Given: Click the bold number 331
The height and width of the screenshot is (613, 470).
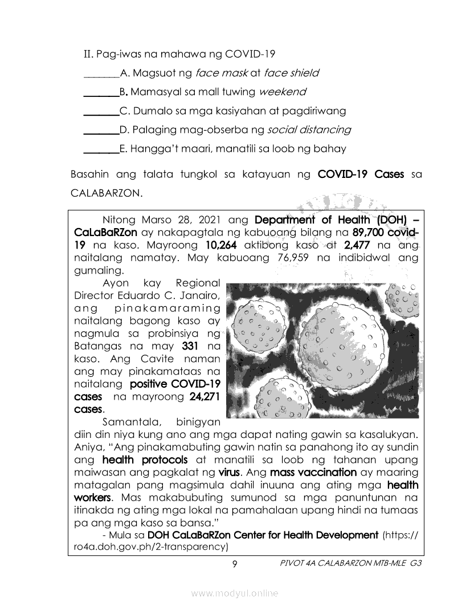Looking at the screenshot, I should [190, 346].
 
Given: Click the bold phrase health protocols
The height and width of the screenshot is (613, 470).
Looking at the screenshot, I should [145, 460].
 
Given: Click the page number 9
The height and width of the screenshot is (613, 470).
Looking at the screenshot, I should [234, 564].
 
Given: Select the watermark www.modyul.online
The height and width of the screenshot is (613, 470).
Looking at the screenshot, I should [235, 594].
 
